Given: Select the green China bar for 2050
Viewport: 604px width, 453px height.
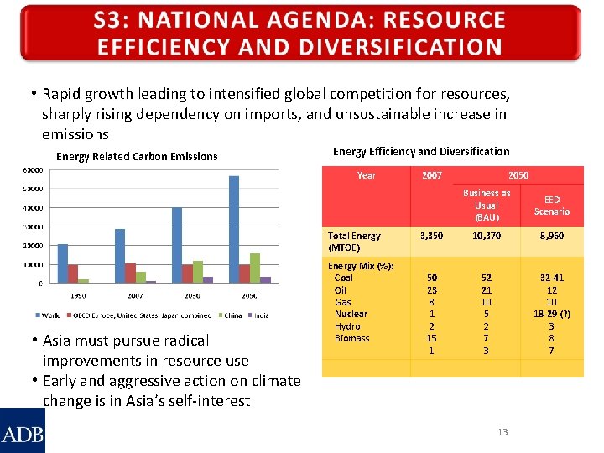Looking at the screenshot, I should (255, 268).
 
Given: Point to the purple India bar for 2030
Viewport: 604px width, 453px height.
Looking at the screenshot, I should (208, 280).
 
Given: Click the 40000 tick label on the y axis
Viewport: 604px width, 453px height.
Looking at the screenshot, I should (33, 208).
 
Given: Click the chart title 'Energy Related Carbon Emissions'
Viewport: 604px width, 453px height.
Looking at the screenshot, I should (137, 156).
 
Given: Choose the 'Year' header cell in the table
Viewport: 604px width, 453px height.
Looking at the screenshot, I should (367, 175).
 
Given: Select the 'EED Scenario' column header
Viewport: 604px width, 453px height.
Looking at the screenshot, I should (552, 206).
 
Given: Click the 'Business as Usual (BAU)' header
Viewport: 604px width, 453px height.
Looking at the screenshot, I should (487, 206).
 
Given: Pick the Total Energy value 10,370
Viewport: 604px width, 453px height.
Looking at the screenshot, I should (487, 237).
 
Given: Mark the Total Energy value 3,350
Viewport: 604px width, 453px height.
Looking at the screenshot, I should (432, 237).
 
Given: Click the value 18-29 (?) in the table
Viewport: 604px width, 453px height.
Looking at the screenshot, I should (552, 314).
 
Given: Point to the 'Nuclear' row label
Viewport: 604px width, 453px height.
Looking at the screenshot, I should (351, 314).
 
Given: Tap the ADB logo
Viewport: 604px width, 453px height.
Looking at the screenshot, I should (23, 431).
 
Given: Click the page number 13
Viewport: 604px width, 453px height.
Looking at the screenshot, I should (502, 432).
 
